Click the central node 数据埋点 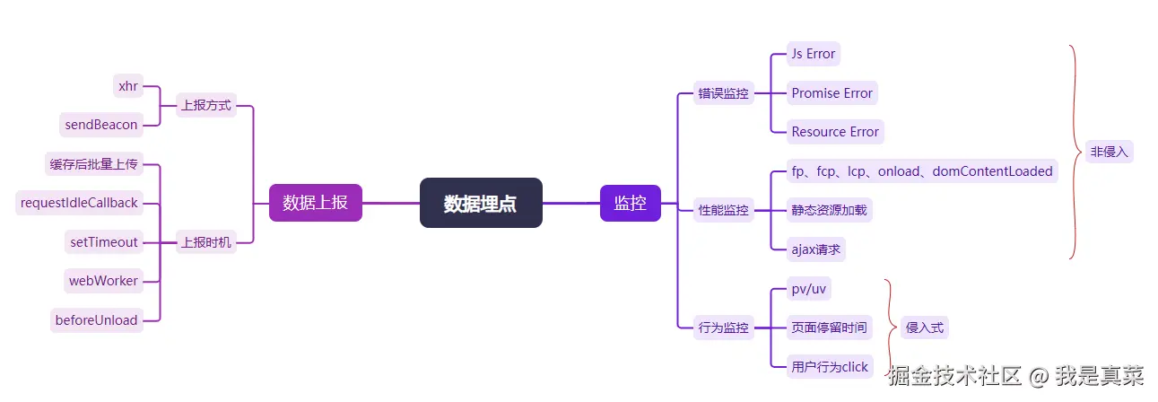click(x=481, y=203)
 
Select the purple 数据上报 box click(x=315, y=203)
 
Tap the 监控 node click(x=630, y=203)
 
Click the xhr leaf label click(x=127, y=86)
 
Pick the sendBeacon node click(x=101, y=125)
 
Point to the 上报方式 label click(x=205, y=105)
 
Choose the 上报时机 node click(x=205, y=241)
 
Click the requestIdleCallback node click(x=79, y=203)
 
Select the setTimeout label click(x=104, y=241)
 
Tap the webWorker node click(x=104, y=281)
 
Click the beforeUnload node click(x=97, y=320)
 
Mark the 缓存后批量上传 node click(x=92, y=164)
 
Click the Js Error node click(x=814, y=54)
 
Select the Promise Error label click(x=831, y=92)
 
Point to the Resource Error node click(x=835, y=132)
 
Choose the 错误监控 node click(x=723, y=92)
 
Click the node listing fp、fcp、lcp click(x=921, y=170)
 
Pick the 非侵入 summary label click(x=1109, y=152)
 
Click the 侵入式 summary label click(x=924, y=328)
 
